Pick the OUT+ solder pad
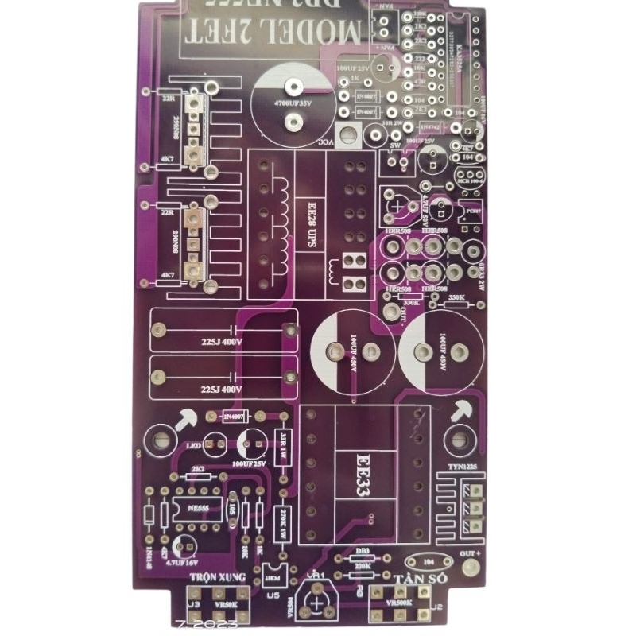(471, 566)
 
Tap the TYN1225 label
(463, 466)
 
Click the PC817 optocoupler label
(472, 213)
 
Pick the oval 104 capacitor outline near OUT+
(428, 560)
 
